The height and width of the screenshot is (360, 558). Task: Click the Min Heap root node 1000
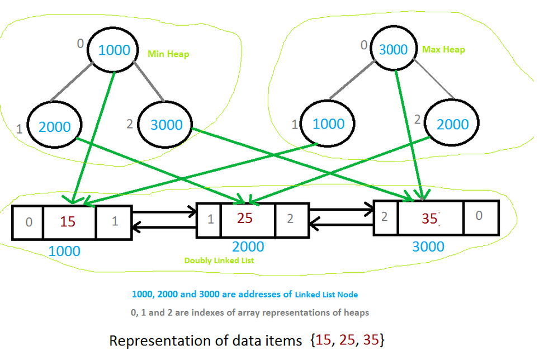(113, 50)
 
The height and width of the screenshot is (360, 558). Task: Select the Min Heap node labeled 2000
(54, 125)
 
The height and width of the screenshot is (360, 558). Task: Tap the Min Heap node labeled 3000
(165, 125)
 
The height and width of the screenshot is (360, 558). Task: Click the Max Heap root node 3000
(394, 49)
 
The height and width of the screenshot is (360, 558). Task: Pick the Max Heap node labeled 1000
(328, 124)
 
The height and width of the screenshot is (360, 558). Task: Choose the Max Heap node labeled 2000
(452, 123)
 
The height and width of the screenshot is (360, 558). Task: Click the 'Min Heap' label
(168, 54)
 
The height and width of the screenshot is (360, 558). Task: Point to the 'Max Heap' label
(443, 49)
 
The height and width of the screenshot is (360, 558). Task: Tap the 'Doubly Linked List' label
(219, 260)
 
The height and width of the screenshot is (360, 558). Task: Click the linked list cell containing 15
(69, 222)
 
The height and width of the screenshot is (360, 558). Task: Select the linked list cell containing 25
(248, 220)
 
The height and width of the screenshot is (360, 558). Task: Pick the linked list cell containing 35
(431, 217)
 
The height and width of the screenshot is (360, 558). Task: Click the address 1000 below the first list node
(64, 251)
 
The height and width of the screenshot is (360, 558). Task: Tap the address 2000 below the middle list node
(248, 247)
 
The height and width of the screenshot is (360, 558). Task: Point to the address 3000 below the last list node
(428, 247)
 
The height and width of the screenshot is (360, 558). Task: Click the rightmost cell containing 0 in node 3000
(481, 217)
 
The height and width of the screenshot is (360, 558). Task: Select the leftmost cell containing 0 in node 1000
(28, 222)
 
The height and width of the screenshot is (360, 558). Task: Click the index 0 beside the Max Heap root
(363, 45)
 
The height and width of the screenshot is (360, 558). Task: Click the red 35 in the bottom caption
(371, 340)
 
